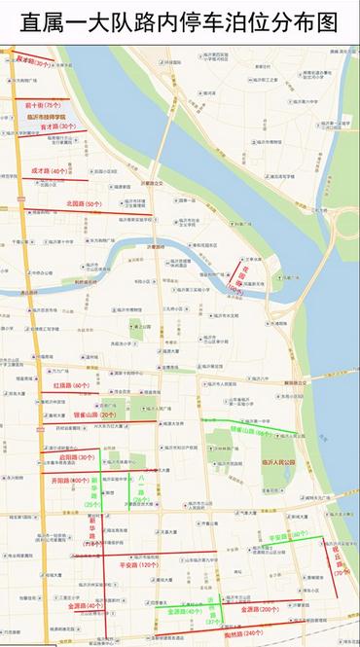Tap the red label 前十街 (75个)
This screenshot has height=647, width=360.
(43, 104)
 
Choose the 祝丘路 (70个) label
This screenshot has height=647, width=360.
(339, 558)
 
